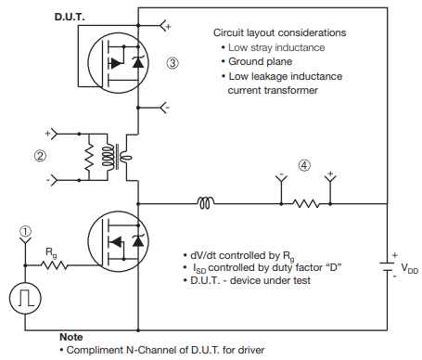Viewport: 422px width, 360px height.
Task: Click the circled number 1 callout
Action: point(25,232)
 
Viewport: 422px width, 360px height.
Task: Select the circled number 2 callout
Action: point(39,156)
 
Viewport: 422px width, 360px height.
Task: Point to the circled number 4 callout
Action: point(303,166)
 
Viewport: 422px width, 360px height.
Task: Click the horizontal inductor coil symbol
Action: point(206,200)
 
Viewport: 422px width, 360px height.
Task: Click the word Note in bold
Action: point(70,337)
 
